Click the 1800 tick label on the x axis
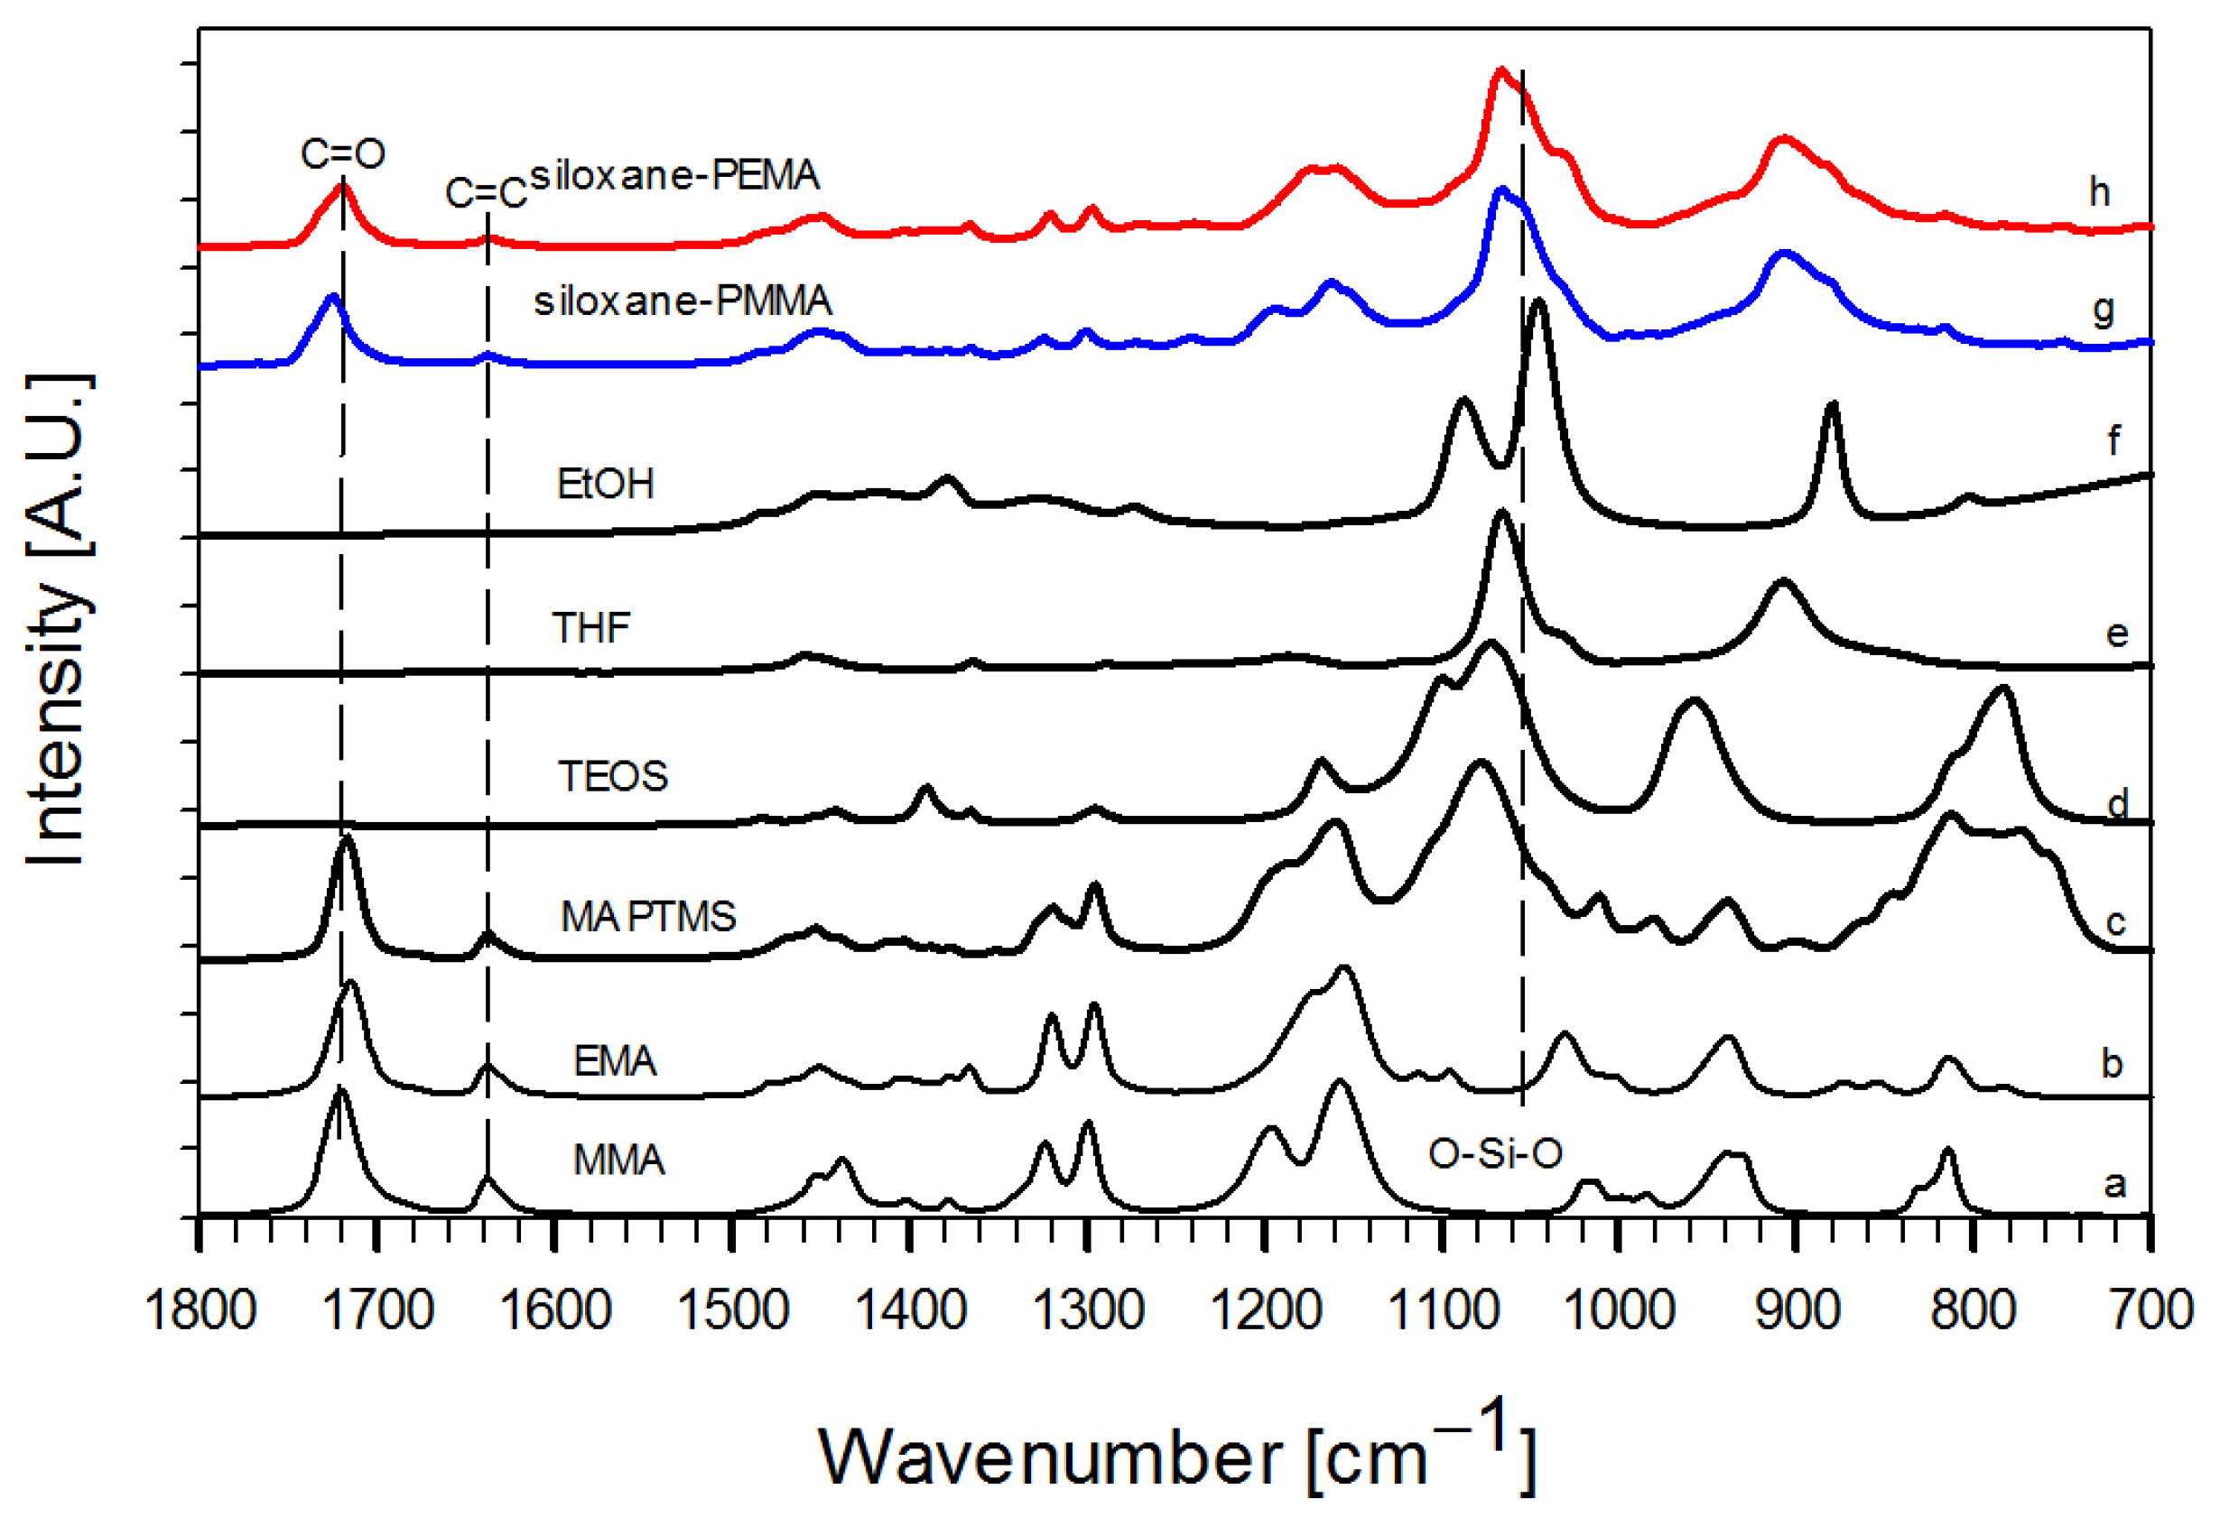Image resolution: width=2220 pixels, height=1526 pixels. point(200,1311)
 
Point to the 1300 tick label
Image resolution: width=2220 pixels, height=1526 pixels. point(1089,1311)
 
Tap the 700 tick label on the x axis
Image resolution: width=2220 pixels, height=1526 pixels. point(2151,1311)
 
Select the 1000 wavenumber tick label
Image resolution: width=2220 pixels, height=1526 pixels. point(1620,1311)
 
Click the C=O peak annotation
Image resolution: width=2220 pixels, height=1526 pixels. point(342,154)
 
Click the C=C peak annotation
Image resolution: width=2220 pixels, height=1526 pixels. point(486,194)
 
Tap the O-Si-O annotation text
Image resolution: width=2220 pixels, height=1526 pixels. point(1495,1154)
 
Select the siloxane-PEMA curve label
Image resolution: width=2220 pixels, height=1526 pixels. point(674,176)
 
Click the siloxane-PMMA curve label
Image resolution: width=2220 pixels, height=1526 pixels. point(682,301)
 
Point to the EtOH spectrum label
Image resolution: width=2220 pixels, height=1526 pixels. point(606,485)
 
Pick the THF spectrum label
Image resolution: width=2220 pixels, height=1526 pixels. point(591,628)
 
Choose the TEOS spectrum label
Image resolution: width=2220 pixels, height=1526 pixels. point(612,776)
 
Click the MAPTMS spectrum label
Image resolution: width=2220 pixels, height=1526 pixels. point(648,917)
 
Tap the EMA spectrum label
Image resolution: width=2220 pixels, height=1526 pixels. point(614,1061)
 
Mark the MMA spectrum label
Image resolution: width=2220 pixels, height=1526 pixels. point(618,1161)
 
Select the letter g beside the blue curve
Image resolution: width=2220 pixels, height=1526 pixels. point(2103,310)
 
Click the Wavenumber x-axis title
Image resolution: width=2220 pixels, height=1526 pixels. point(1176,1453)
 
